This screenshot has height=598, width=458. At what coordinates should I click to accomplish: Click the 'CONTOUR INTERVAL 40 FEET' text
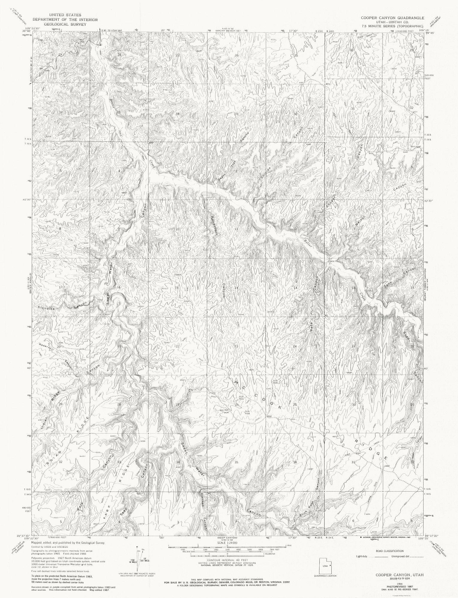[228, 559]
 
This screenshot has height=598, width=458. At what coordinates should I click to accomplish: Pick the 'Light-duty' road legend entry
[361, 556]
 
